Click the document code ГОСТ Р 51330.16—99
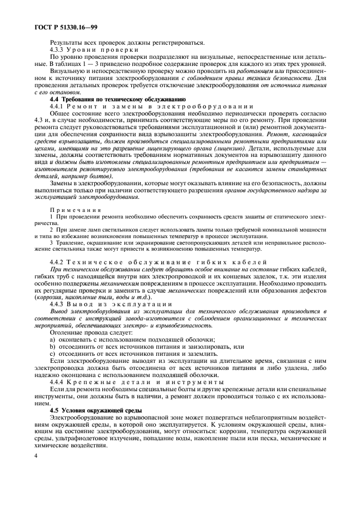tap(61, 26)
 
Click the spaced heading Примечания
tap(72, 210)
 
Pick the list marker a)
tap(52, 339)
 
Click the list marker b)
tap(52, 346)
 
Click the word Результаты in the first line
tap(68, 42)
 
